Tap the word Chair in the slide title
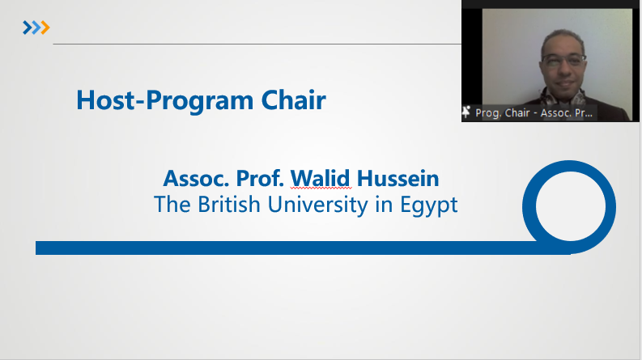294,100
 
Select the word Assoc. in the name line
196,178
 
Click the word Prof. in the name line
260,178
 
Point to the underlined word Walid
320,178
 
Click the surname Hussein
398,178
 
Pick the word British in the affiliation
229,204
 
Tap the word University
317,205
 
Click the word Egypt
429,205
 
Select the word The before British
172,204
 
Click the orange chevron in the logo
45,28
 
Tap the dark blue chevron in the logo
27,28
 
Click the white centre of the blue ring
570,206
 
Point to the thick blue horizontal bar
303,248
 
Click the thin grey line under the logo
257,44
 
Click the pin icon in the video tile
466,112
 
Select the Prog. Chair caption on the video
534,113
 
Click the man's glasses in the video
563,61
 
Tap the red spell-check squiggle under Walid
321,188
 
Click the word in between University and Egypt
384,204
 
